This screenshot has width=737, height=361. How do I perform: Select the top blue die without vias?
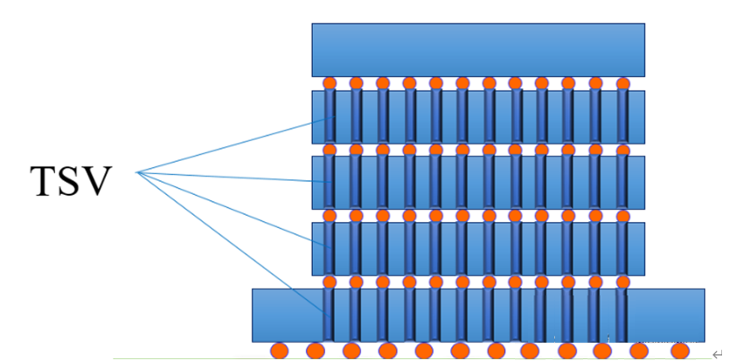tap(478, 49)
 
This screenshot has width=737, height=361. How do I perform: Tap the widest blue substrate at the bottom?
tap(478, 315)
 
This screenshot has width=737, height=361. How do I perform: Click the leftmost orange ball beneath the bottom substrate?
tap(279, 351)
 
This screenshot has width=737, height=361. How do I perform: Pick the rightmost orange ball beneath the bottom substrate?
tap(678, 351)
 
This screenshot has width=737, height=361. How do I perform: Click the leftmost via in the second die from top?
tap(330, 117)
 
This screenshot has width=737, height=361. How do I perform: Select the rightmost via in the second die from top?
tap(622, 117)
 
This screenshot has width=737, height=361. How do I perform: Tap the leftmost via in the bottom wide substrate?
tap(330, 315)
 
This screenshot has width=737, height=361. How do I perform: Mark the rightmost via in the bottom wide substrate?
tap(622, 315)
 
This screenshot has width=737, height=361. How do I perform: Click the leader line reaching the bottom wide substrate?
tap(236, 243)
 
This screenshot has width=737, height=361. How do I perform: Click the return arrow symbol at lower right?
tap(718, 353)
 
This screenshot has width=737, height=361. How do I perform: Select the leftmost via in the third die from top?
tap(330, 183)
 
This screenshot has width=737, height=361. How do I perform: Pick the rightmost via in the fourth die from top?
tap(622, 249)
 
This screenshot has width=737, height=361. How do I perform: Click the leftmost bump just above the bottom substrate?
tap(330, 282)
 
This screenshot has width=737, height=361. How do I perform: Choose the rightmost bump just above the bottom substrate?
tap(622, 282)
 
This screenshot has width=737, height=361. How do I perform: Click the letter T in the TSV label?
tap(45, 181)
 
